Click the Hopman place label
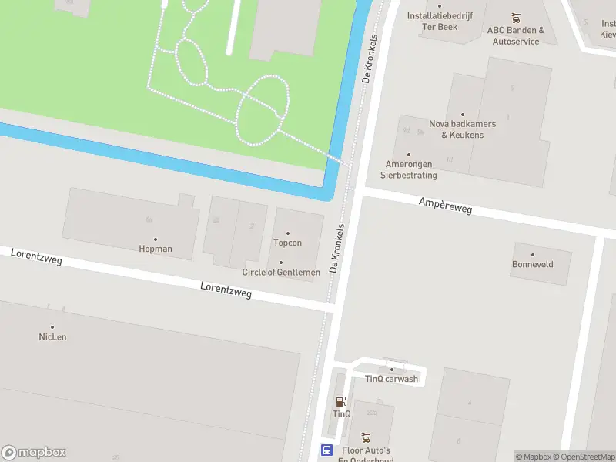click(156, 249)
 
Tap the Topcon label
click(287, 243)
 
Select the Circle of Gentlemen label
click(281, 272)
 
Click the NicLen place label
click(52, 336)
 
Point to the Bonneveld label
click(532, 264)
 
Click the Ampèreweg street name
click(445, 205)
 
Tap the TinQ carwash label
click(391, 378)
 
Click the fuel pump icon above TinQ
click(341, 400)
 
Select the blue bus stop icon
click(326, 450)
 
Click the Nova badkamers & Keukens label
click(462, 129)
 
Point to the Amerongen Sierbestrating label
click(409, 169)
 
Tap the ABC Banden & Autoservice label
click(515, 35)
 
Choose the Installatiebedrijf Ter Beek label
click(440, 21)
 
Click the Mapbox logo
click(34, 453)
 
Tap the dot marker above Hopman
click(156, 239)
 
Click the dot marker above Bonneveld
click(532, 254)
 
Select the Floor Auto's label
click(366, 451)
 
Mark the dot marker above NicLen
click(52, 327)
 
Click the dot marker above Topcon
click(288, 233)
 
